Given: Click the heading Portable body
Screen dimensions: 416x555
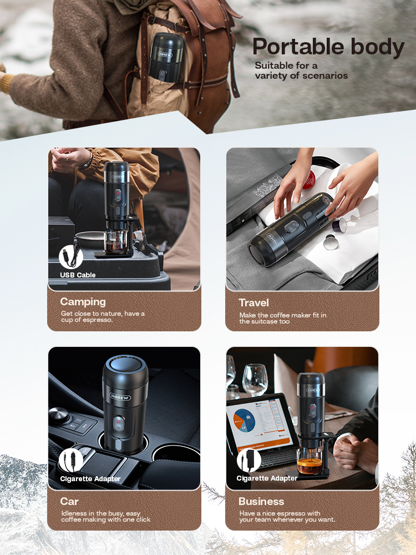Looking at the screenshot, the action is (328, 47).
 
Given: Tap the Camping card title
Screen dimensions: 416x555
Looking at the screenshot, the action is (83, 301).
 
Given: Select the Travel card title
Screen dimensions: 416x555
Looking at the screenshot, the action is (253, 302).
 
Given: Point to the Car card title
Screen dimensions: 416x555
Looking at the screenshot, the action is (69, 501).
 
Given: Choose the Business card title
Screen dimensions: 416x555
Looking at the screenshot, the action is (261, 501).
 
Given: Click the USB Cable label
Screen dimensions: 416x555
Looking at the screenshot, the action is (78, 275).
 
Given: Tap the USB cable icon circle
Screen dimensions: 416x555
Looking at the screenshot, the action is (71, 256).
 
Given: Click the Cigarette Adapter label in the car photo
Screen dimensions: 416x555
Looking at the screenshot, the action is (90, 479).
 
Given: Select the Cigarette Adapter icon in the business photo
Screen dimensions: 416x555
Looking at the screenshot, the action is (248, 460).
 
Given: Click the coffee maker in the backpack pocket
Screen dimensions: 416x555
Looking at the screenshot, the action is (165, 57).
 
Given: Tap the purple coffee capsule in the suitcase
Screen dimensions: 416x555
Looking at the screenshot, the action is (339, 225).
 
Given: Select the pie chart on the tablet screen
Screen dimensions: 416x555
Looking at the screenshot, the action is (245, 421).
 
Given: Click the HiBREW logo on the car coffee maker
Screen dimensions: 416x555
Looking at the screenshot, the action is (120, 397).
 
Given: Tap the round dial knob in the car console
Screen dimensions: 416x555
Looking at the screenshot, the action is (59, 414).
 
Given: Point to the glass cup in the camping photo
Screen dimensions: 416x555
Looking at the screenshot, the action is (116, 242).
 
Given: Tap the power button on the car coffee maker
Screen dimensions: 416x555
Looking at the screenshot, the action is (119, 423).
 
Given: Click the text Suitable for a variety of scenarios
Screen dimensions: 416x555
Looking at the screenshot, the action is (301, 70).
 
